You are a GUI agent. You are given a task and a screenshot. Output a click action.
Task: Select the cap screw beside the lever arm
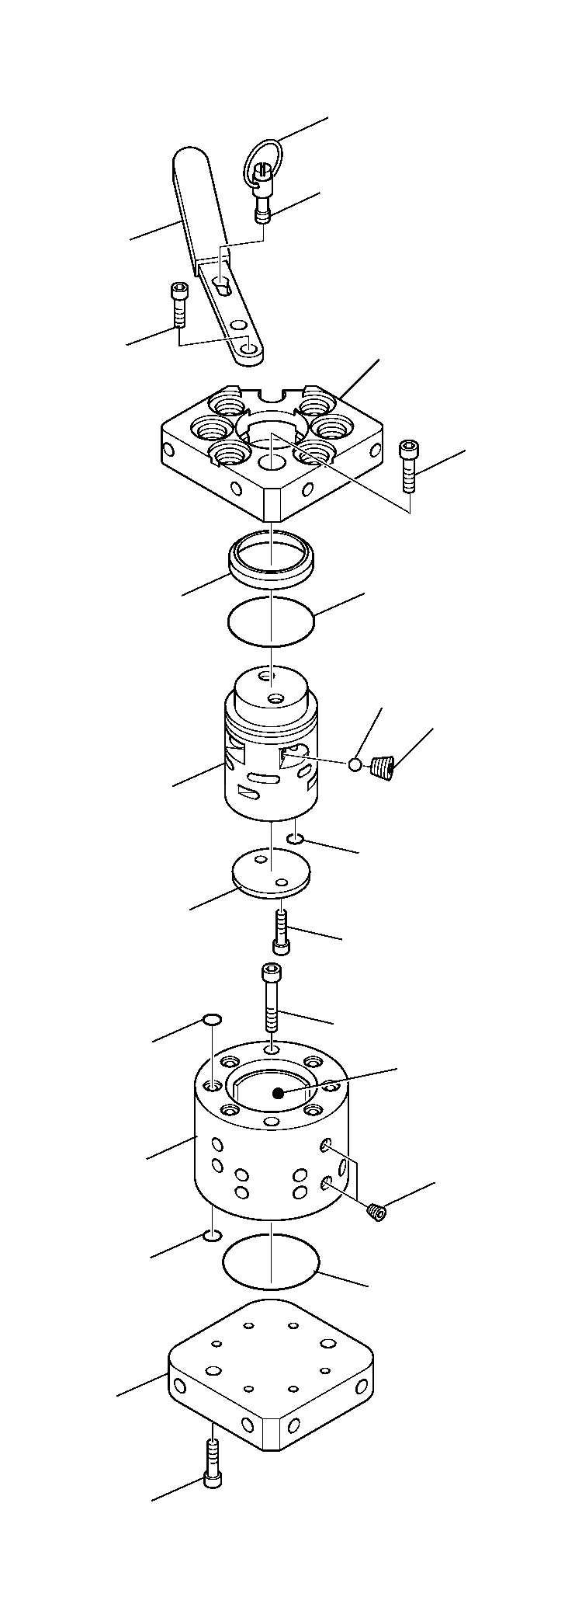click(178, 304)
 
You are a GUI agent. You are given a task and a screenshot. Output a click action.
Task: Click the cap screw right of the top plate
click(408, 465)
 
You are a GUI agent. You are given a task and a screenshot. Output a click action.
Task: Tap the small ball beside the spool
click(355, 765)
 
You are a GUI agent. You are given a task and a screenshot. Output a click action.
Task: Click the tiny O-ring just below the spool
click(296, 838)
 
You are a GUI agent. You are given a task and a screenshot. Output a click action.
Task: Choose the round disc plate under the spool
click(271, 875)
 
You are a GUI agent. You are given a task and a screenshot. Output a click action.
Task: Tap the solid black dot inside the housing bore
click(277, 1092)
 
